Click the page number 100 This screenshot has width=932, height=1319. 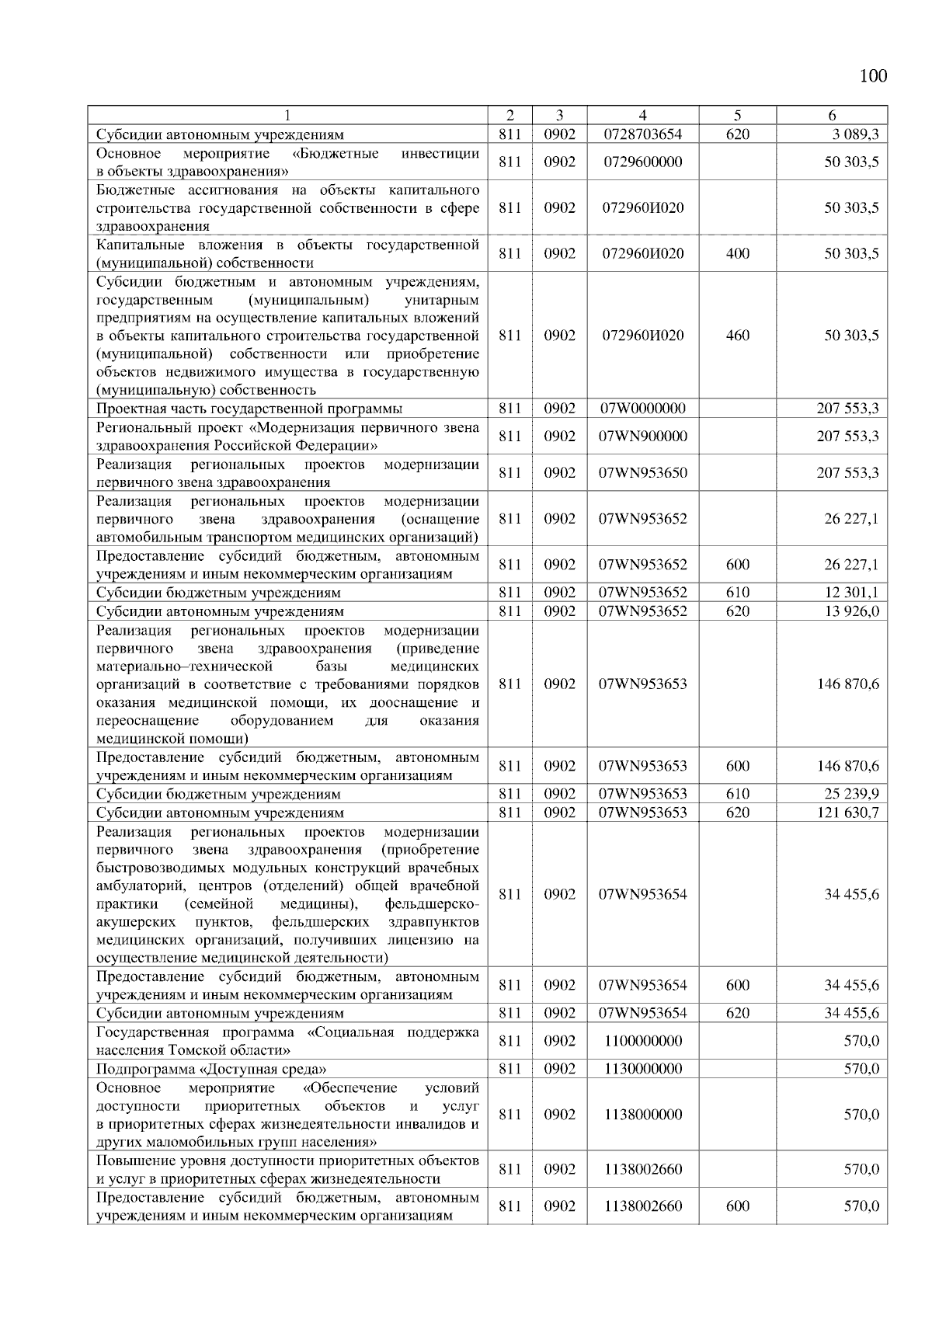coord(873,75)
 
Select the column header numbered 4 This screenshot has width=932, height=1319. coord(642,115)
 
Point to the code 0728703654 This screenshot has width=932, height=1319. coord(642,134)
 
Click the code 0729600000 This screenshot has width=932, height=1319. coord(642,162)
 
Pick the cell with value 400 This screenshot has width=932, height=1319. coord(737,253)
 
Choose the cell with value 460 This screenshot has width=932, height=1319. coord(737,336)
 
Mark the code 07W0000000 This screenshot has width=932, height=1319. coord(642,409)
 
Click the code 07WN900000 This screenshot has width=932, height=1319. coord(642,437)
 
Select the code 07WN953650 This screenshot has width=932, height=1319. coord(642,473)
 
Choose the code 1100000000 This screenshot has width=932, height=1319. coord(642,1041)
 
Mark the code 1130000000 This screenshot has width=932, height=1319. coord(642,1069)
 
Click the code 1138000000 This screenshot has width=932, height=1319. coord(642,1115)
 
